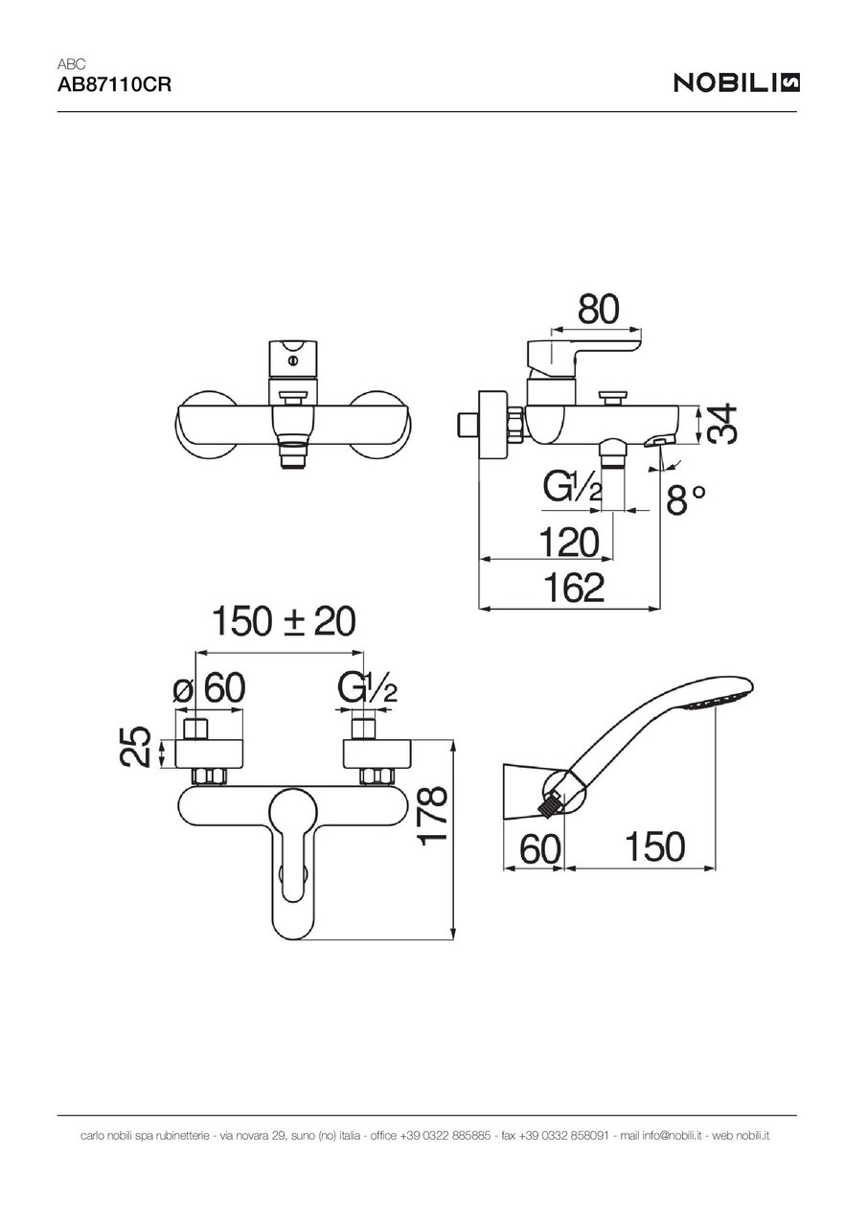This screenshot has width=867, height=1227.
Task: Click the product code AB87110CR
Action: click(x=114, y=85)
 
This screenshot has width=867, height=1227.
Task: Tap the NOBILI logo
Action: click(x=736, y=82)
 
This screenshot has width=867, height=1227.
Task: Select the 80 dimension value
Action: click(x=599, y=310)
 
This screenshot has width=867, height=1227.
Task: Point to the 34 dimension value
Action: click(x=722, y=424)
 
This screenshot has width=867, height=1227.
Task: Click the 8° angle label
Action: click(x=686, y=499)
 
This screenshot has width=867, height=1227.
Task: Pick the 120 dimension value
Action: click(x=569, y=543)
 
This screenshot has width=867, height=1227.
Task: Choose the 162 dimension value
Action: click(x=574, y=588)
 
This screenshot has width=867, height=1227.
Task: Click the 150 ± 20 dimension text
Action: click(x=284, y=621)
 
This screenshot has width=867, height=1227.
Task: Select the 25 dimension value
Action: click(x=135, y=747)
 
